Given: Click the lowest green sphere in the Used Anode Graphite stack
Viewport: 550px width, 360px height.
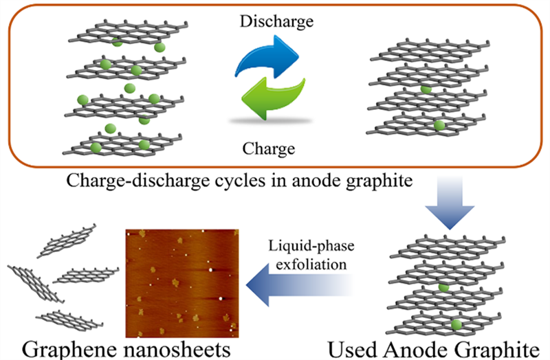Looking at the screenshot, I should [455, 322].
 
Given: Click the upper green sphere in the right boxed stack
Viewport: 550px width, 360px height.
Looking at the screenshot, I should [426, 89].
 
